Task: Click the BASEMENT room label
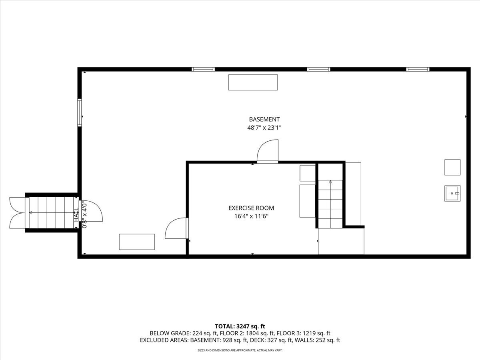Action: point(264,119)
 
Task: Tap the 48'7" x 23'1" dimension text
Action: point(264,128)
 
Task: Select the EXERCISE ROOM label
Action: point(251,208)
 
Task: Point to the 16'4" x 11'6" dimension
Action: point(251,216)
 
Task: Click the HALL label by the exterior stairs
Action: point(76,215)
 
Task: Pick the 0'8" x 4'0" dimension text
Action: point(84,216)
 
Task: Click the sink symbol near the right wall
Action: point(452,194)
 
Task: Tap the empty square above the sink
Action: point(452,167)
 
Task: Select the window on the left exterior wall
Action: point(79,112)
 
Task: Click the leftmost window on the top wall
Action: point(203,69)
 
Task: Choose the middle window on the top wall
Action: point(319,69)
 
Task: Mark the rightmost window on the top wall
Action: point(418,69)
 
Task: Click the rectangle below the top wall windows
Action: point(253,82)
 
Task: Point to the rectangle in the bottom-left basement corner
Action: point(137,242)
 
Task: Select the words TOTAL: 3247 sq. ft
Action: point(240,326)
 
